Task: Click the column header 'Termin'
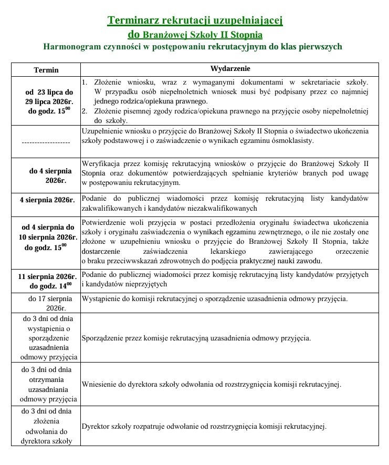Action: point(46,70)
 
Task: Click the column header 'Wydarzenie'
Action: point(230,69)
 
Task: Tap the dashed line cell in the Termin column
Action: point(46,142)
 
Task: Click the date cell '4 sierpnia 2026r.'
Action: point(46,200)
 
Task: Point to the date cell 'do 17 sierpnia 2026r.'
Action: point(46,303)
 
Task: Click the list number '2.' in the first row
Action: point(85,111)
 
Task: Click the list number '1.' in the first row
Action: point(85,82)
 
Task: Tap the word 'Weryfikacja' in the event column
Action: point(101,163)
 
